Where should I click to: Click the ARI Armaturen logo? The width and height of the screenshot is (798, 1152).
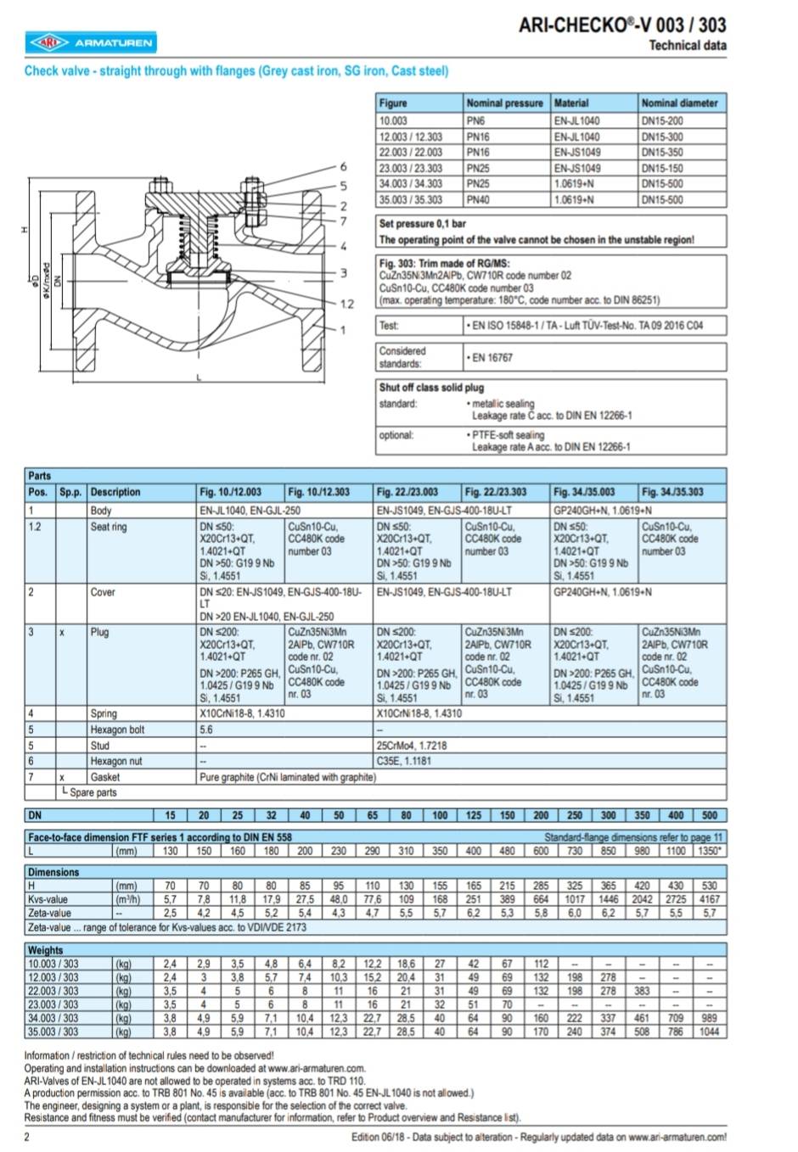[91, 42]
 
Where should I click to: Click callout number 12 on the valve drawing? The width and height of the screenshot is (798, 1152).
[347, 304]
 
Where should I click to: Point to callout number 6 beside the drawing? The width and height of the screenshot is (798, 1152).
[344, 167]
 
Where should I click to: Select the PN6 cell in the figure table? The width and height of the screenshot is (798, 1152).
[475, 120]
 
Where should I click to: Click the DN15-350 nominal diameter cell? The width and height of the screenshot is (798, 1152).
[662, 153]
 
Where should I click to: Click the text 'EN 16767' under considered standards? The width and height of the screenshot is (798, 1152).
[492, 358]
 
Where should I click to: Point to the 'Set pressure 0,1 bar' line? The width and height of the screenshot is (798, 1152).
[423, 224]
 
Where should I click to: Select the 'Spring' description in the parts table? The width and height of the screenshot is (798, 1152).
[104, 713]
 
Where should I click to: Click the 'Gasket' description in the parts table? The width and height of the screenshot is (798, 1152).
[105, 777]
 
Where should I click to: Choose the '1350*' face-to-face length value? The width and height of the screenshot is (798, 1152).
[709, 851]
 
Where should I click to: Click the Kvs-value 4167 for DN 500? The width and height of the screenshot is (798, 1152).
[709, 899]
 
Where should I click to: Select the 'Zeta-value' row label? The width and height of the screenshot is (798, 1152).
[49, 914]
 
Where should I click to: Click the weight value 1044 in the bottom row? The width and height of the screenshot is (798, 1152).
[709, 1032]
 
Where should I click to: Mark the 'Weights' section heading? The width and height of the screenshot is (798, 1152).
[45, 950]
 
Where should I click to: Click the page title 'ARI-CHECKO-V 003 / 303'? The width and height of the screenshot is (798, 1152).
[622, 25]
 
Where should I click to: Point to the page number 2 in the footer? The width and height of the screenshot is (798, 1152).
[27, 1137]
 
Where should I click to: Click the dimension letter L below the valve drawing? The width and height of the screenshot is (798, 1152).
[199, 377]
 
